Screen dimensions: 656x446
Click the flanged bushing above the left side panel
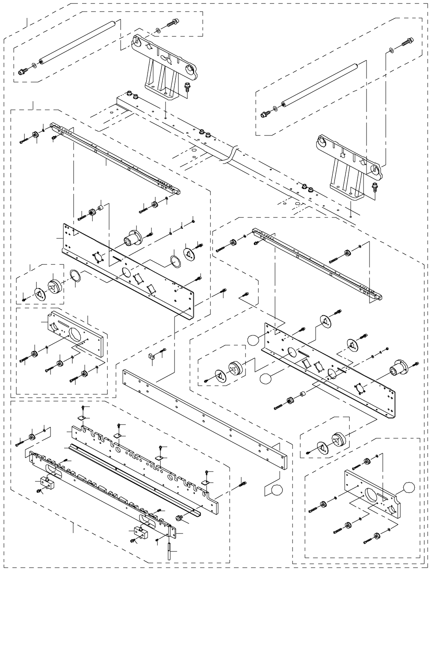coord(133,237)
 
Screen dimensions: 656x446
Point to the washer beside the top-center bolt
coord(159,29)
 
